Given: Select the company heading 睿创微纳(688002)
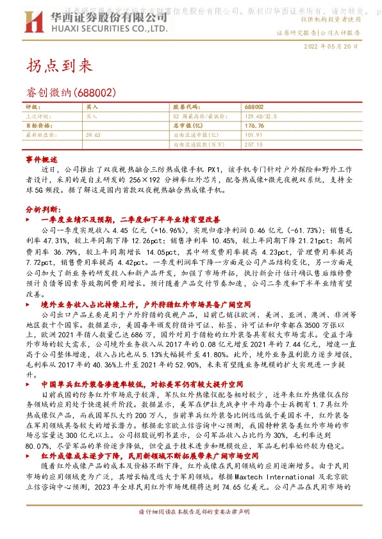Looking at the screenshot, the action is [71, 93].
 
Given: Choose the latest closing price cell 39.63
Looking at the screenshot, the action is [93, 135].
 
